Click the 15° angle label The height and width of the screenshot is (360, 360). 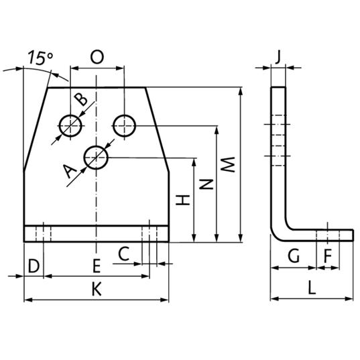40,58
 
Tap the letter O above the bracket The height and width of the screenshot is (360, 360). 97,57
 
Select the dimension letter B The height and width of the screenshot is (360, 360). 81,99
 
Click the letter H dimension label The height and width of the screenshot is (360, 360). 183,200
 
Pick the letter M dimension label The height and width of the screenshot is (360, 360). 227,164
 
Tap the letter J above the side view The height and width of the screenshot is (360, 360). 278,57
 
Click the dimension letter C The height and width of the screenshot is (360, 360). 124,253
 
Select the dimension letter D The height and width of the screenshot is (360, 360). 34,266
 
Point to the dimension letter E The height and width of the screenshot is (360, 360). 97,265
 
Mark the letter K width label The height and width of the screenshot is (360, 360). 97,289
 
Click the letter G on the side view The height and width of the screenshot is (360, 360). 294,256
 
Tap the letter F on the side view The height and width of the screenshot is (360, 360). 328,256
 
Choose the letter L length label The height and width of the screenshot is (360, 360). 312,288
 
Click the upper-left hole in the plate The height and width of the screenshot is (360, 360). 70,125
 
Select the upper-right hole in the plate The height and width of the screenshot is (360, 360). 125,126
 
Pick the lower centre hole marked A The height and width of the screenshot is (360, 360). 96,158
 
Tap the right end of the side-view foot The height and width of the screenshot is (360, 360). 353,235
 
